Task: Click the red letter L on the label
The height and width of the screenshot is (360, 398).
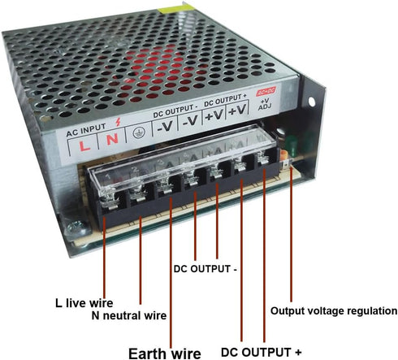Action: coord(84,145)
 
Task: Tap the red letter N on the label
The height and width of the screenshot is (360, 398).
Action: coord(112,139)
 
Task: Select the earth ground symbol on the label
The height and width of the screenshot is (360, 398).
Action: coord(139,132)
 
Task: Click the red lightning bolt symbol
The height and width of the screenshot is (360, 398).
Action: coord(118,122)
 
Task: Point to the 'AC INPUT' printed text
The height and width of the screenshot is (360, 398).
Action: coord(86,130)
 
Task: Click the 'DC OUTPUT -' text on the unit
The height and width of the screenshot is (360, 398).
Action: coord(175,111)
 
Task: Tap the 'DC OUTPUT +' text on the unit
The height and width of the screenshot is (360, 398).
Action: coord(225,100)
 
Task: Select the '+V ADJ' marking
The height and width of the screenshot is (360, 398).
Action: coord(265,104)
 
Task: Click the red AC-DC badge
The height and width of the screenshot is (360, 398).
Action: coord(266,91)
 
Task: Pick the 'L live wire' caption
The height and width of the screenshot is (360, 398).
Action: coord(84,303)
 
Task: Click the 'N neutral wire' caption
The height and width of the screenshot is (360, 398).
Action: coord(129,315)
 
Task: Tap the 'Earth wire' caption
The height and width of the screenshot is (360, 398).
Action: coord(165,353)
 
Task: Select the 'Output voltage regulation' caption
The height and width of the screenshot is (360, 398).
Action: coord(334,311)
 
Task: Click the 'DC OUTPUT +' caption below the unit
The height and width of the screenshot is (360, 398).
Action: coord(262,352)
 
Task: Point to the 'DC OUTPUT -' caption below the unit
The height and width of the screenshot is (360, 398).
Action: coord(205,269)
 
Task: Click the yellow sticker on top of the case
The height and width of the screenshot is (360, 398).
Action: coord(176,9)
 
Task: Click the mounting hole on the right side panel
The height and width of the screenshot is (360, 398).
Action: coord(312,102)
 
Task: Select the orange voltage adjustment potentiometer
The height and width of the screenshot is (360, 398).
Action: coord(283,156)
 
